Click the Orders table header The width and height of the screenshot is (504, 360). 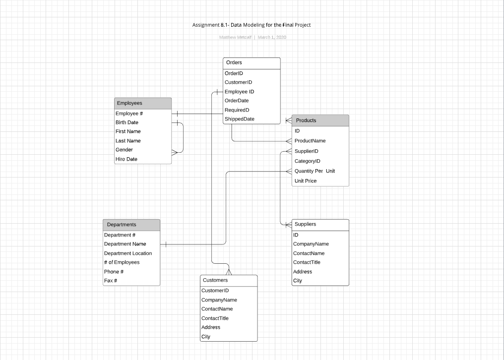tap(252, 63)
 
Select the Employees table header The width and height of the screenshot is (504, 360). tap(143, 103)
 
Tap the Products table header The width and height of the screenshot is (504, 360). tap(320, 120)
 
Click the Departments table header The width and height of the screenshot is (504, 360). tap(131, 225)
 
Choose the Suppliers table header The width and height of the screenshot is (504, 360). tap(320, 224)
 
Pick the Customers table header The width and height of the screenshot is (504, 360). tap(229, 280)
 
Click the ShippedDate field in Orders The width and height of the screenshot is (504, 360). tap(240, 119)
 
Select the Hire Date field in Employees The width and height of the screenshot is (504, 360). tap(126, 159)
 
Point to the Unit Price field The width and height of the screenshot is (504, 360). tap(306, 181)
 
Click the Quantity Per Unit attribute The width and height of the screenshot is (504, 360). tap(315, 171)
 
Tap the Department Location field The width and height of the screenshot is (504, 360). tap(128, 253)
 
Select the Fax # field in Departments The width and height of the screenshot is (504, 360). tap(111, 281)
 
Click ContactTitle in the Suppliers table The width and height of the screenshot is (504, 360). tap(307, 262)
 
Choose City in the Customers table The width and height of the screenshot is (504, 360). tap(206, 337)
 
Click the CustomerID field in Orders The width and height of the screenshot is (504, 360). tap(238, 82)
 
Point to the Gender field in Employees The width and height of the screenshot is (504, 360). tap(124, 150)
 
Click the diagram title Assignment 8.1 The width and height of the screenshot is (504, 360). tap(252, 25)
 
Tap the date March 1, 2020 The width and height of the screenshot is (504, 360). tap(272, 37)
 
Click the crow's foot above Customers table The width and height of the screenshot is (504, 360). tap(229, 271)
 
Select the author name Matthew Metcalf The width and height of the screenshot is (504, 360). tap(235, 37)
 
